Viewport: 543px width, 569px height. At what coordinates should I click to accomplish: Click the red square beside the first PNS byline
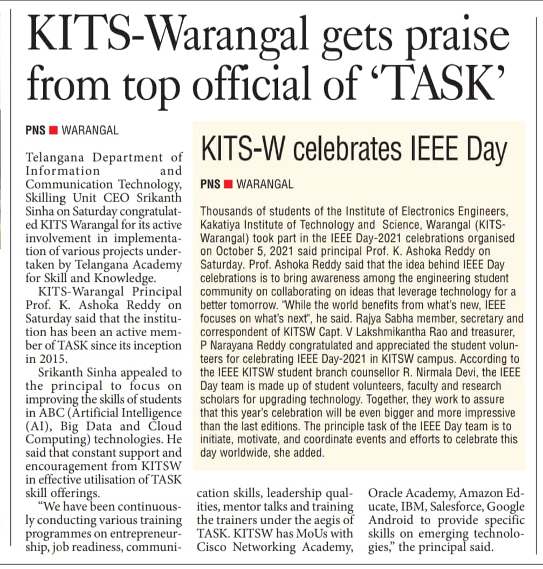point(53,130)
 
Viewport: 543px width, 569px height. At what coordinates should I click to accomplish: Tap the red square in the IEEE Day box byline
point(228,184)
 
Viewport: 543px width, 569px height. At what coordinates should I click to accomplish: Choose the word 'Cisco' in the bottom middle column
point(211,547)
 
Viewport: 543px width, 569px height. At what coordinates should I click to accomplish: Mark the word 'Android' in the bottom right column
point(389,521)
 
